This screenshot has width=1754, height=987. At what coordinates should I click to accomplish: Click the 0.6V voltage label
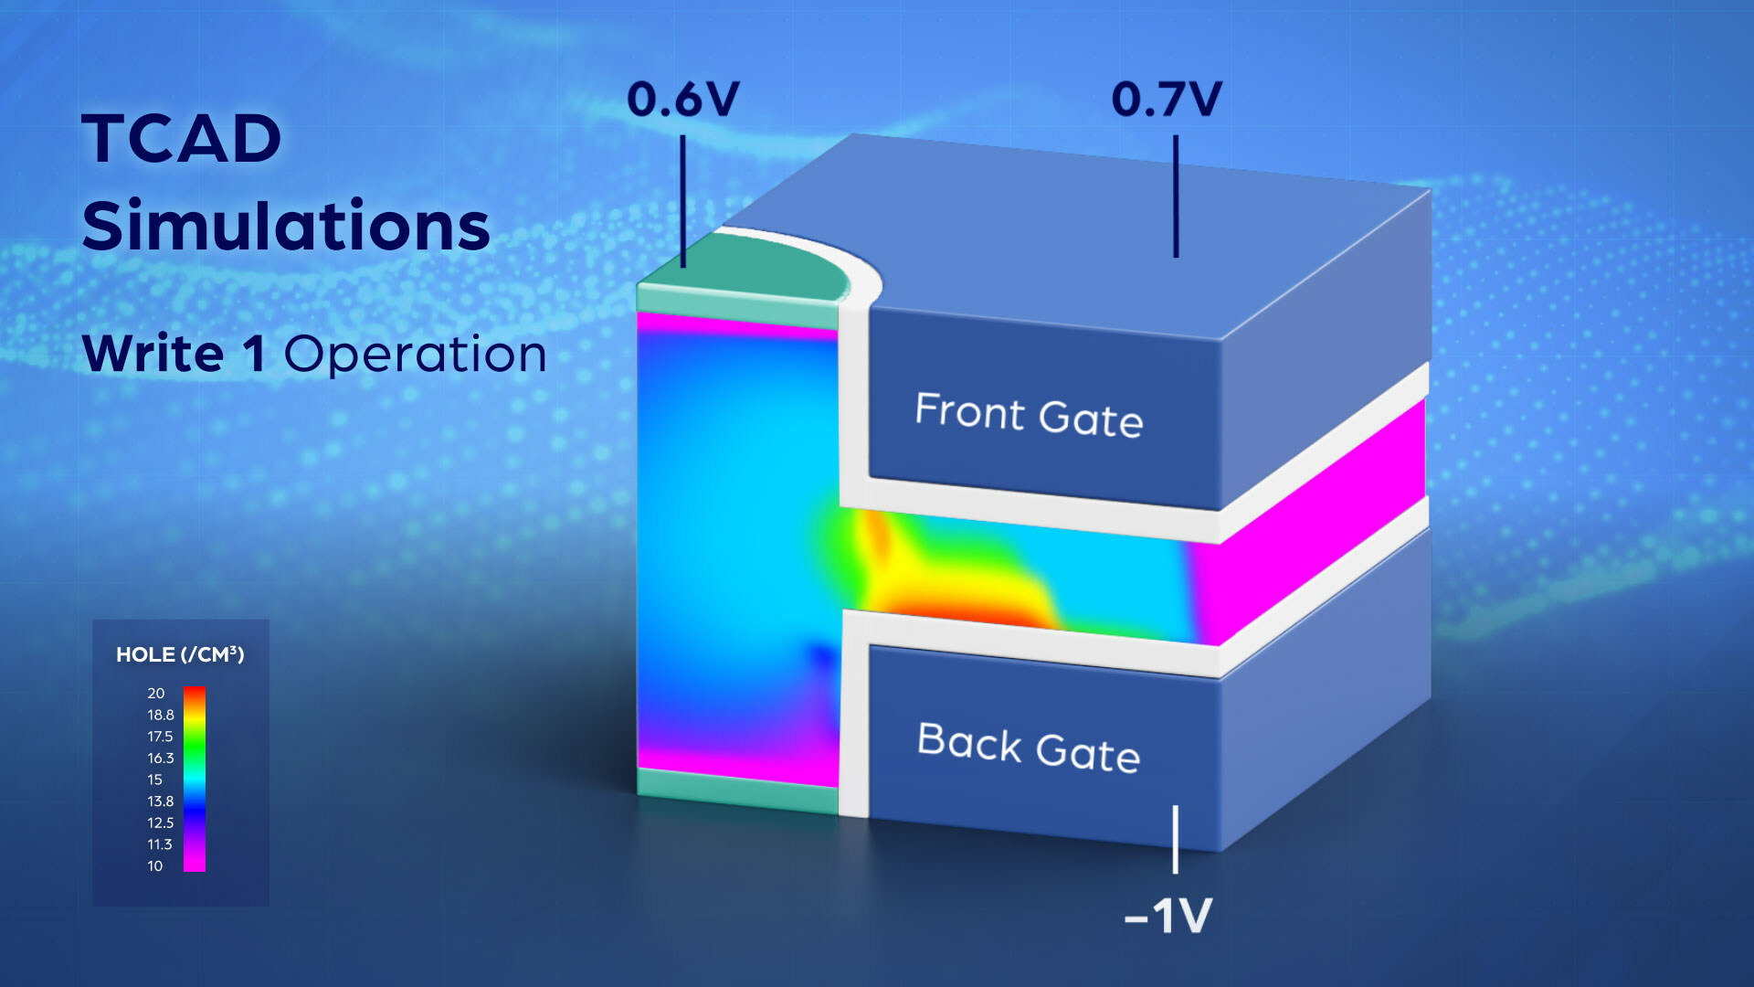click(x=683, y=99)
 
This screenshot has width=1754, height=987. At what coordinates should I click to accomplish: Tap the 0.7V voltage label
click(x=1167, y=99)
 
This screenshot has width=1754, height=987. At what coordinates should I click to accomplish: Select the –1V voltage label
click(x=1168, y=916)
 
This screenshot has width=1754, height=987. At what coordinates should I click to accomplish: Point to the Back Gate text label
click(x=1029, y=748)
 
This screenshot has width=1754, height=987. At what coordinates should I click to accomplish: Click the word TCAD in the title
click(x=182, y=139)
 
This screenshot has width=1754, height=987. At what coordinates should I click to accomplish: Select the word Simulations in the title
click(x=286, y=225)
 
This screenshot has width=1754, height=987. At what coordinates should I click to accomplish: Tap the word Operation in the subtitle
click(x=416, y=354)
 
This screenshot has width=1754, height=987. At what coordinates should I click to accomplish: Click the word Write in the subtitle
click(x=153, y=353)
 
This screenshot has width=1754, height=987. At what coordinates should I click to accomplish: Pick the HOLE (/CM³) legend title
click(x=180, y=654)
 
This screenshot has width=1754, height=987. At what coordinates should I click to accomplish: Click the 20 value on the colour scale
click(x=156, y=694)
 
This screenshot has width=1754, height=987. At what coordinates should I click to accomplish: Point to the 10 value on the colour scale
click(x=155, y=865)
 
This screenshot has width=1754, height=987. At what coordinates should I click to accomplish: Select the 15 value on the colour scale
click(x=155, y=780)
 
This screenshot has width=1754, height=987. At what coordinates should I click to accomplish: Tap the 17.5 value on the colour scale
click(x=160, y=737)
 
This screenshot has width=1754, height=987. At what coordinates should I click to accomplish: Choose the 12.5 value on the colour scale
click(x=160, y=822)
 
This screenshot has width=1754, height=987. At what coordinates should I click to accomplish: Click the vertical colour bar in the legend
click(x=195, y=780)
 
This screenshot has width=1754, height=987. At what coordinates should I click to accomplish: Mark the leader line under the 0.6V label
click(x=682, y=201)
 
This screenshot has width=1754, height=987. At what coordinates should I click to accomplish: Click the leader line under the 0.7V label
click(x=1176, y=196)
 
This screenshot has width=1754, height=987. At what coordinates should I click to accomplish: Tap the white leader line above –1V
click(x=1176, y=839)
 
